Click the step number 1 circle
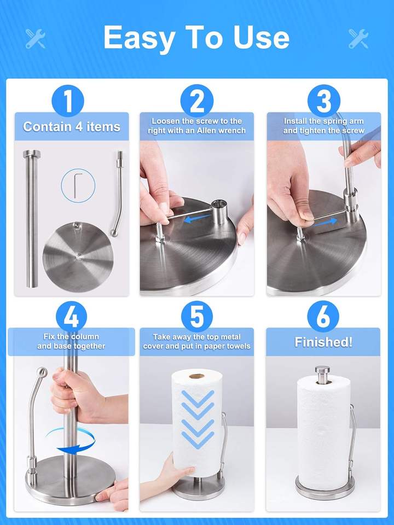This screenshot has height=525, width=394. click(x=68, y=101)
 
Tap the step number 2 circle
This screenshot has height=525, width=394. click(x=196, y=101)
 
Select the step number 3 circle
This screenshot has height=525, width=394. click(x=323, y=101)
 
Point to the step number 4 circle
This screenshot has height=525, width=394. click(x=71, y=317)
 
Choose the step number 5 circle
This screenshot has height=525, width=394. click(x=196, y=317)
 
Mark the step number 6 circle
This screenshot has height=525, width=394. click(x=323, y=317)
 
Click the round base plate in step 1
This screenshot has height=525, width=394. click(x=78, y=256)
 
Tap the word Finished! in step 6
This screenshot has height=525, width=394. click(x=323, y=342)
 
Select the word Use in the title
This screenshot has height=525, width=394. click(x=262, y=38)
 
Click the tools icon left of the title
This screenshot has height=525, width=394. click(x=35, y=38)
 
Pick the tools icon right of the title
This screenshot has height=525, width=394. click(x=358, y=38)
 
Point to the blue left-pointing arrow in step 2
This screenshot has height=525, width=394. click(x=198, y=219)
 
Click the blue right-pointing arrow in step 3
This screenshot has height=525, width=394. click(x=325, y=221)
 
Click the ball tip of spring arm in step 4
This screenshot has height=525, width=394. click(x=42, y=372)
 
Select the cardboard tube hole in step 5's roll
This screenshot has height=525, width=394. click(x=196, y=376)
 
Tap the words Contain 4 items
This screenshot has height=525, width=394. click(x=72, y=127)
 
